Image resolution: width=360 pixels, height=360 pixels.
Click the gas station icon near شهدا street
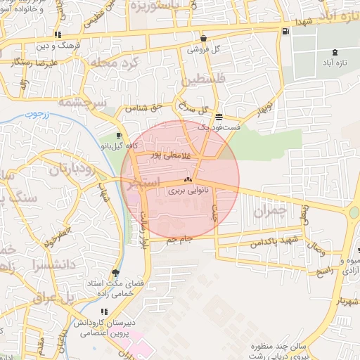click(284, 31)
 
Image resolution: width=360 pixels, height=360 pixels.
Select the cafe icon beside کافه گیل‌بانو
click(119, 135)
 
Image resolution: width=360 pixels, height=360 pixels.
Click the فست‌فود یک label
click(219, 127)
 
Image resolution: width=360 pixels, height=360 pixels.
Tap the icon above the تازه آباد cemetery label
click(334, 51)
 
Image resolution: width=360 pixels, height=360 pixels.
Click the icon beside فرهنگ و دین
click(57, 34)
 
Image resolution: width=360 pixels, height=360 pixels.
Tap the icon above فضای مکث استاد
click(115, 274)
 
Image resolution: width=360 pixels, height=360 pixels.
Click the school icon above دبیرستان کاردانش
click(103, 312)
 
